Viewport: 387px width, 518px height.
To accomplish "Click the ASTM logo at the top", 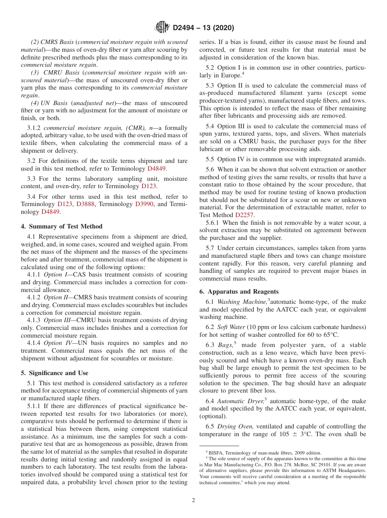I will (x=162, y=28).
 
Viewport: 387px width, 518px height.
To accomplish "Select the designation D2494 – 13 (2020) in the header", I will (x=203, y=28).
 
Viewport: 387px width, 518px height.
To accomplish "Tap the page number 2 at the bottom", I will (x=193, y=500).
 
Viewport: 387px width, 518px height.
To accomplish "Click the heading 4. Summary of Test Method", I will (x=62, y=226).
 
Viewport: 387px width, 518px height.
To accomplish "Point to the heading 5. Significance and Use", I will (x=55, y=373).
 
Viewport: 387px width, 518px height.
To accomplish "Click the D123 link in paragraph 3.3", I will (x=149, y=186).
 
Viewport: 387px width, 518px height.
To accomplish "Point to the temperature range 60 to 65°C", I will (x=323, y=335).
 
